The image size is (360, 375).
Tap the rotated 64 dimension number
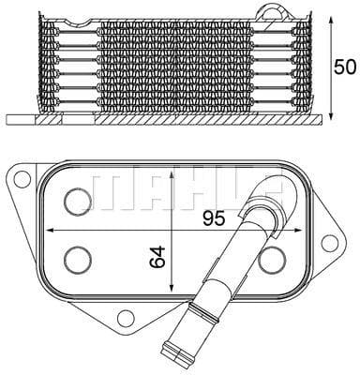click(157, 255)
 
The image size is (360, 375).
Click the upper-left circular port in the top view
click(75, 198)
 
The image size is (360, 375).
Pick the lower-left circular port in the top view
click(75, 257)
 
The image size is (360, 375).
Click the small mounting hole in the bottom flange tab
click(127, 319)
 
